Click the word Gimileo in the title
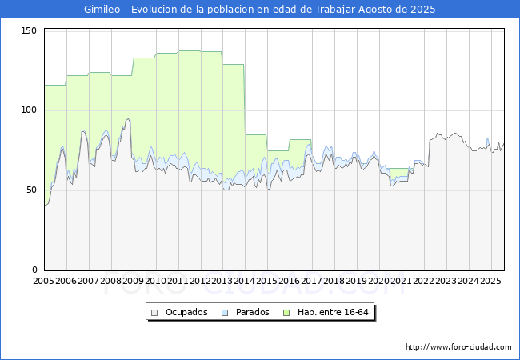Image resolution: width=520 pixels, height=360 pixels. [102, 10]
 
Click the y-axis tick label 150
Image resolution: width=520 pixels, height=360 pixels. [29, 31]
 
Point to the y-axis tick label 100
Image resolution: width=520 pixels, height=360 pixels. [29, 110]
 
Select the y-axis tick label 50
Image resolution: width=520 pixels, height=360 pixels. [31, 190]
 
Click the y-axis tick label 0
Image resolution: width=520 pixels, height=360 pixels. [34, 270]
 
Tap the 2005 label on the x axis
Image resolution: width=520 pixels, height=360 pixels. [43, 281]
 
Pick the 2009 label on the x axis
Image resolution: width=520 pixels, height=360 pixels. [133, 281]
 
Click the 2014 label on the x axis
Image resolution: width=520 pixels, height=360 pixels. [245, 281]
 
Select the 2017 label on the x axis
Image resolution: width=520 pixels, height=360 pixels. [312, 281]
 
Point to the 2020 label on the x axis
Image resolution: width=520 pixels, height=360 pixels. [378, 281]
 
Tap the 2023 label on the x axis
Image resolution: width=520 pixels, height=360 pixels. [446, 281]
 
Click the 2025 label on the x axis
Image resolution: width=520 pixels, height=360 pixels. [490, 281]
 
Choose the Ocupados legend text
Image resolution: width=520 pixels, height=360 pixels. [186, 312]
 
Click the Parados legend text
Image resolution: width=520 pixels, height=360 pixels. [252, 312]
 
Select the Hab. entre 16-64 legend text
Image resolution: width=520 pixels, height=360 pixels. [333, 312]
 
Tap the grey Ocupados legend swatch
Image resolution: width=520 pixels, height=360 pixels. [154, 313]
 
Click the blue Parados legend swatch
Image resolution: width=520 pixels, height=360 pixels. [225, 313]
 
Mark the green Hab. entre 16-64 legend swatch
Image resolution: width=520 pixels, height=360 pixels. [286, 313]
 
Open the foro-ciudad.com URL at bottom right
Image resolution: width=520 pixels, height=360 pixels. [458, 347]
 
